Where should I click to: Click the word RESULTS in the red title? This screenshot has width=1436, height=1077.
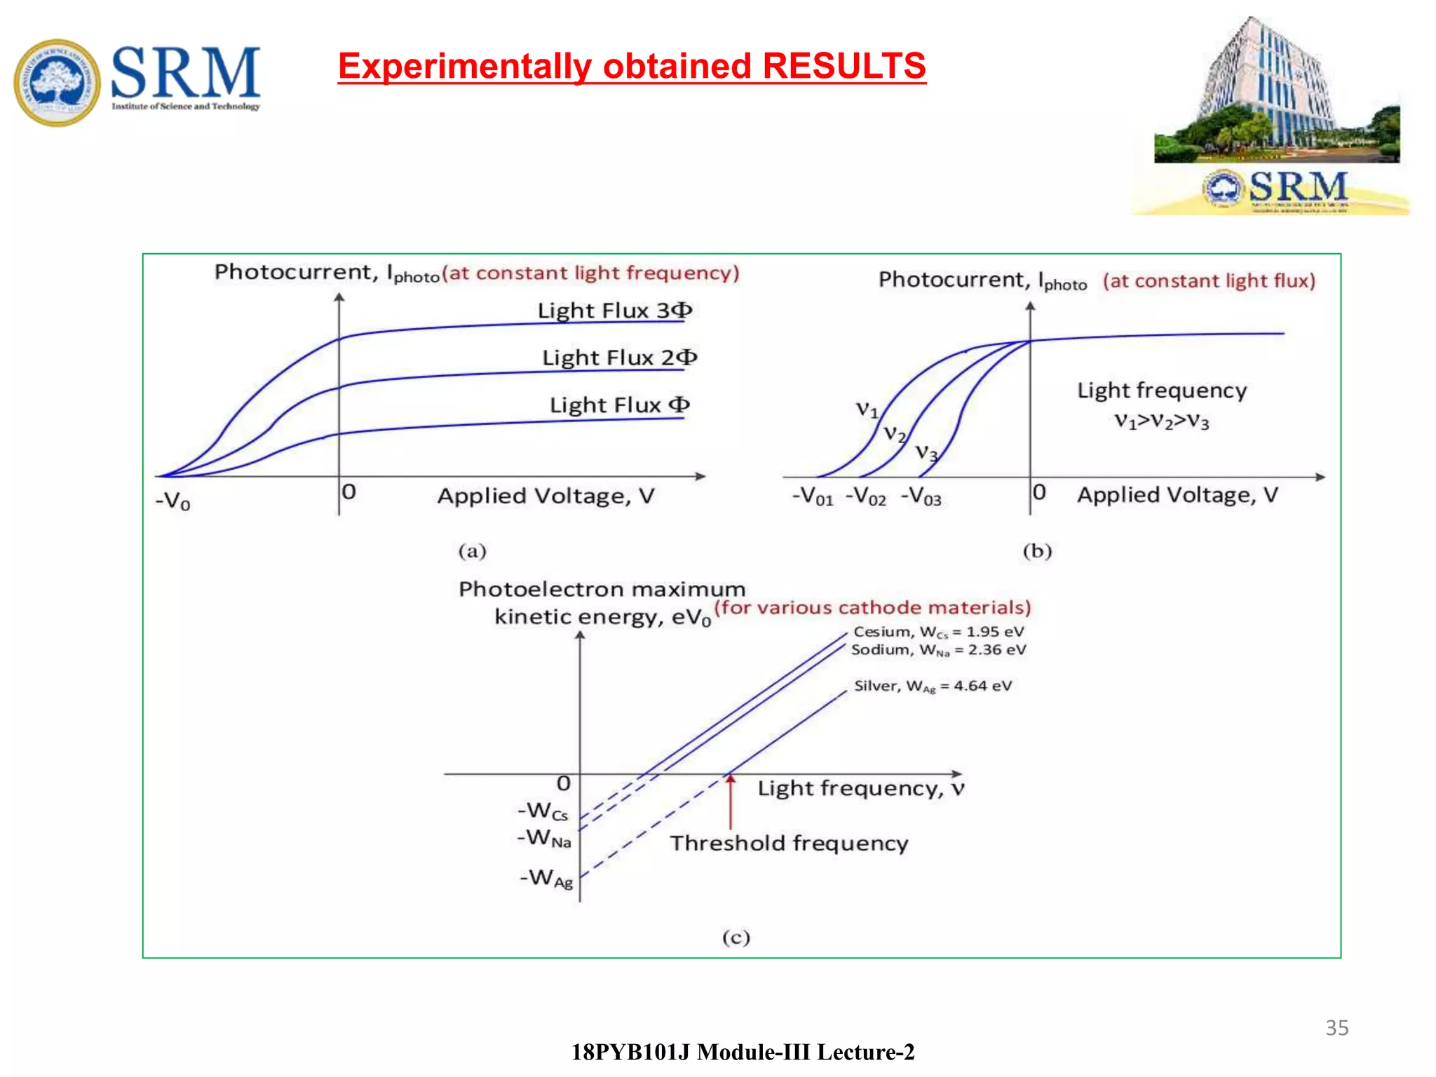(844, 66)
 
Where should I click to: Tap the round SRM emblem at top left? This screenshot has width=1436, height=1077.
(57, 83)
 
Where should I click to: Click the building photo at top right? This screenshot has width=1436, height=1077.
(1276, 91)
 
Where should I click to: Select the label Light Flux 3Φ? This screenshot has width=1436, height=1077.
(614, 311)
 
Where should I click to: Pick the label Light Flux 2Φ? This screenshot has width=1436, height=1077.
(619, 358)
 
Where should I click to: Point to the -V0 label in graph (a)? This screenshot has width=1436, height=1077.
(172, 501)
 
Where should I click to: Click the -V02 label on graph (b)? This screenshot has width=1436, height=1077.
(865, 496)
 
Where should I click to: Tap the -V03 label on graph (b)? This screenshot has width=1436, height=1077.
(921, 496)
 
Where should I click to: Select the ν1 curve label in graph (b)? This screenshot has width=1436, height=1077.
(867, 409)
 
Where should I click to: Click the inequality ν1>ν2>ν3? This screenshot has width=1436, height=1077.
(1162, 421)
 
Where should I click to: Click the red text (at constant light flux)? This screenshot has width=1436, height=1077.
(1209, 281)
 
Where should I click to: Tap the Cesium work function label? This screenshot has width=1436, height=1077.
(938, 632)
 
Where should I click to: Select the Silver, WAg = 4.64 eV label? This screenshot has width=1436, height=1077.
(933, 686)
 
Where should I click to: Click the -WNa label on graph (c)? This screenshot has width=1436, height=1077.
(544, 838)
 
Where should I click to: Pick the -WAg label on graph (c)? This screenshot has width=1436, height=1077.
(546, 878)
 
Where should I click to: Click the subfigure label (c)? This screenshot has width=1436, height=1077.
(736, 937)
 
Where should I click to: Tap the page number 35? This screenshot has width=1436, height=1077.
(1336, 1027)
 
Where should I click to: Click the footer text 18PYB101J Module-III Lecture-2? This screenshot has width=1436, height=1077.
(743, 1052)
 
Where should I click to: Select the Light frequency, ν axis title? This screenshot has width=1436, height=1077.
(861, 789)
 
